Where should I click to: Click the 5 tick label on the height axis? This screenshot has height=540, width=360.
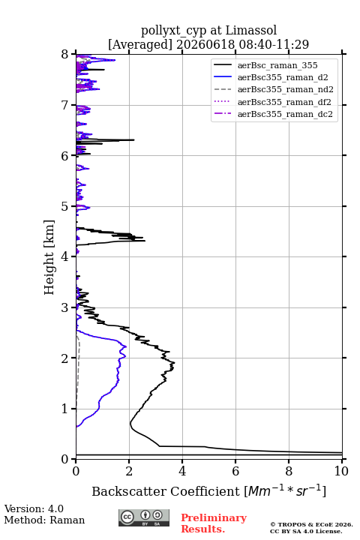coord(64,207)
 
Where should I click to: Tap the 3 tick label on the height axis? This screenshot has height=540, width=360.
coord(64,307)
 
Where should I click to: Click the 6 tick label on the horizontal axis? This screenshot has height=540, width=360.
coord(235,471)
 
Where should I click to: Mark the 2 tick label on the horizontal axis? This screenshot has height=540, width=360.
coord(129,471)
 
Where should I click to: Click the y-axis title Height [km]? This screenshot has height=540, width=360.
coord(49,257)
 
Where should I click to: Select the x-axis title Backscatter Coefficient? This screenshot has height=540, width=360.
coord(166,491)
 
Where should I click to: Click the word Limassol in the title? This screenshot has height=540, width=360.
coord(251,31)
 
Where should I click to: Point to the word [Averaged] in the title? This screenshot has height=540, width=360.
coord(139,44)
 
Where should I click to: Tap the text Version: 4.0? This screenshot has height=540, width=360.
coord(34,508)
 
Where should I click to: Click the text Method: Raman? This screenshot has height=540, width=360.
coord(44,520)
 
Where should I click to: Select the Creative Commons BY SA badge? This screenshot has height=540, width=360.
coord(144,518)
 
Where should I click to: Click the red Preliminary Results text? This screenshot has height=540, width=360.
coord(214,523)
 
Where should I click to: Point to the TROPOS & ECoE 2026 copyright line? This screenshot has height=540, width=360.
coord(311,524)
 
